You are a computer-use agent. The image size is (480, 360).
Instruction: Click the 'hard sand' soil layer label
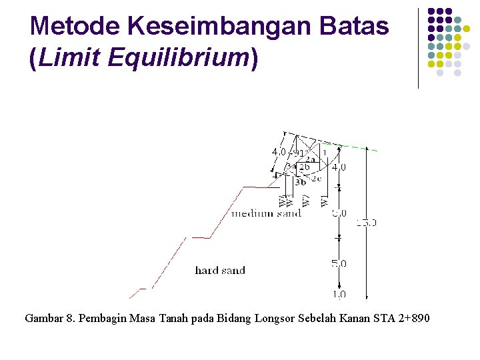(220, 271)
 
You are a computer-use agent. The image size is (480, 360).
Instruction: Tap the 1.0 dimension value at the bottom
(339, 294)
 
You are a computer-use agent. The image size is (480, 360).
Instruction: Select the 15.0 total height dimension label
(366, 223)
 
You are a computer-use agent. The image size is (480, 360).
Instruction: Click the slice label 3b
(301, 181)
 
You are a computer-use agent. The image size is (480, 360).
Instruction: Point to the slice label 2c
(316, 178)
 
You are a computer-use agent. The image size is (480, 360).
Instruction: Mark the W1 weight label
(324, 200)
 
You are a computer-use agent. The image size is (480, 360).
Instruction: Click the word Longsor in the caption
(274, 319)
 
